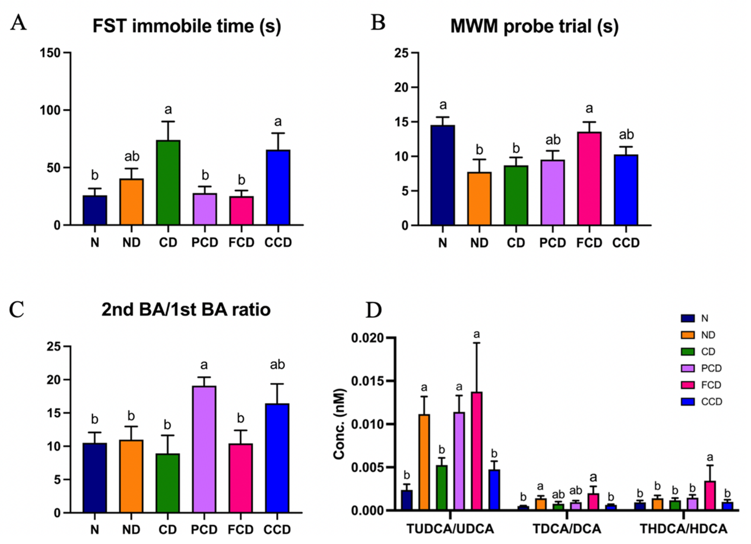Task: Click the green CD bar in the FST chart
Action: point(168,183)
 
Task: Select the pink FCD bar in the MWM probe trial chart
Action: point(589,179)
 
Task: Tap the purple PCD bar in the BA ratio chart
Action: point(204,449)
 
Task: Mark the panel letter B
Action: point(378,23)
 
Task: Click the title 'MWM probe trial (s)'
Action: point(534,26)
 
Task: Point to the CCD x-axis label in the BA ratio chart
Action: point(277,530)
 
